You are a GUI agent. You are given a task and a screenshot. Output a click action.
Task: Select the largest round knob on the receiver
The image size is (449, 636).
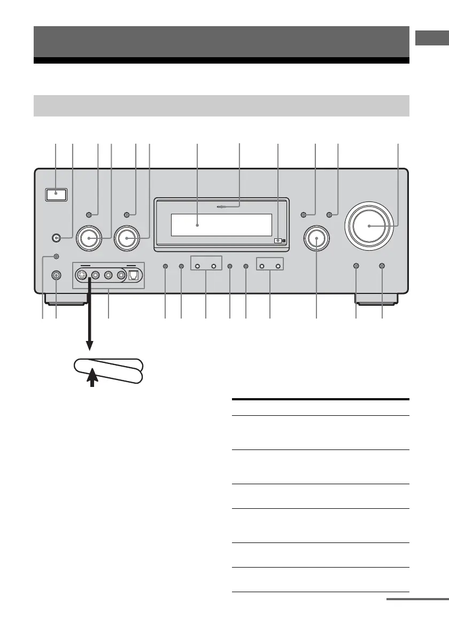click(369, 226)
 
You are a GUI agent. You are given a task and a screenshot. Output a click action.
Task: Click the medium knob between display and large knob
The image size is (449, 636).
click(316, 238)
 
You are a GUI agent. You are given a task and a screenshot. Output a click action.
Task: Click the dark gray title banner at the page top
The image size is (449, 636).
click(221, 42)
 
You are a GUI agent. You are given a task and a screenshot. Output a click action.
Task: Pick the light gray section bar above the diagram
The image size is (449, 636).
click(221, 105)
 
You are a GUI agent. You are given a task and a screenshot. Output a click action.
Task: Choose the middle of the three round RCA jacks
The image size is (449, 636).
click(108, 276)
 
